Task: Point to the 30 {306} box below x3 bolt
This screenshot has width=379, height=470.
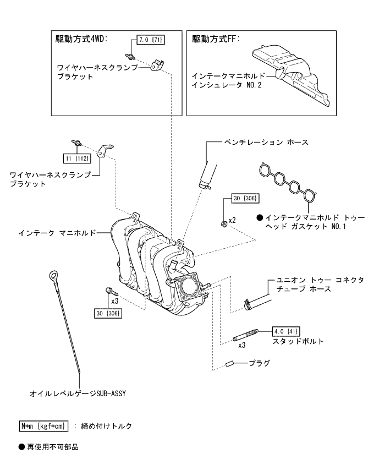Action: point(108,312)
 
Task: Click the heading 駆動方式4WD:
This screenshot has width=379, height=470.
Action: point(82,40)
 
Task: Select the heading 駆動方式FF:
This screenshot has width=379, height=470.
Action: point(216,40)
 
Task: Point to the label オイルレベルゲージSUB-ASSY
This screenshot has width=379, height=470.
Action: point(80,394)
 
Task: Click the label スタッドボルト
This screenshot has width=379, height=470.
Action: point(298,342)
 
